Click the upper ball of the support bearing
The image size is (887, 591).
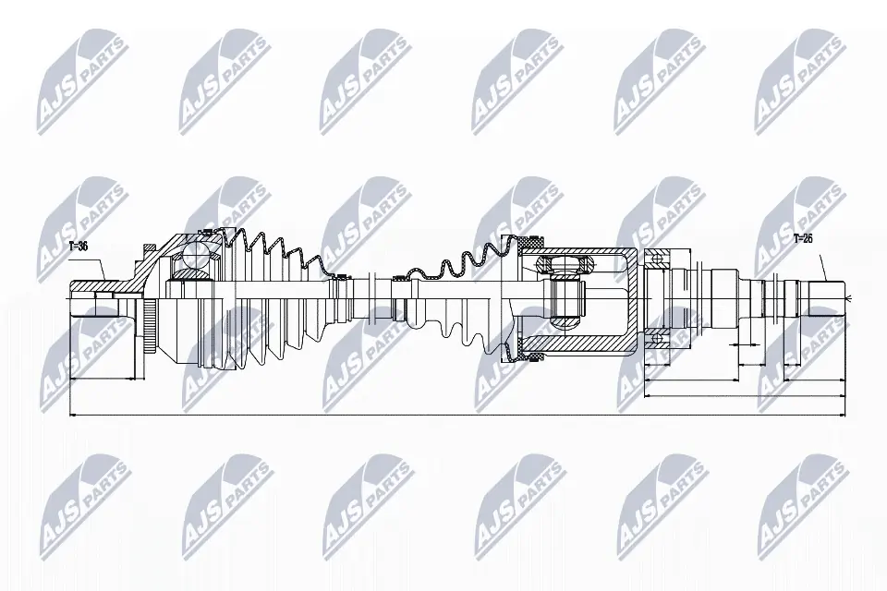click(x=658, y=256)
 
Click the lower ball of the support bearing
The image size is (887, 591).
click(x=658, y=340)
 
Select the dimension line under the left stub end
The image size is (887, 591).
click(x=102, y=378)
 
